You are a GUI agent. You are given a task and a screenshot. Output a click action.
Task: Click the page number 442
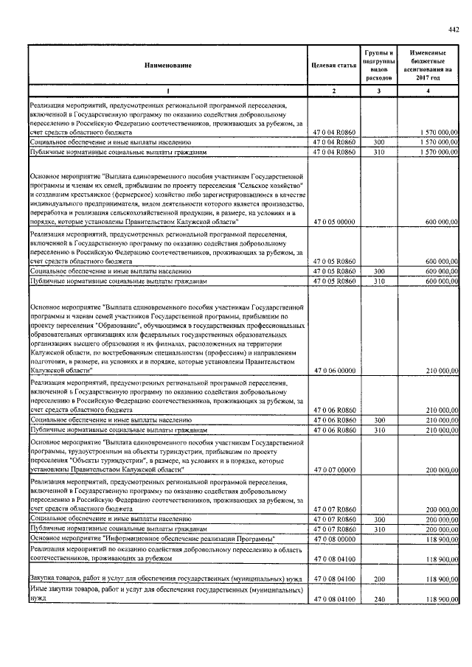(x=453, y=29)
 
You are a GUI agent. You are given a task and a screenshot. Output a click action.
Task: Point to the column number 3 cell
(x=378, y=91)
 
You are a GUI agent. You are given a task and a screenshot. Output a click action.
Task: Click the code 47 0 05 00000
(x=334, y=221)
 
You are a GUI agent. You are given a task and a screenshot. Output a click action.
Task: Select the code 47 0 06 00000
(x=334, y=371)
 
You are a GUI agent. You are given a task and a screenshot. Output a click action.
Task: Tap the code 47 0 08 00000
(x=334, y=539)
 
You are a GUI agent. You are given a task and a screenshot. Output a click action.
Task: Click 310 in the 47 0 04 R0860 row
(x=378, y=151)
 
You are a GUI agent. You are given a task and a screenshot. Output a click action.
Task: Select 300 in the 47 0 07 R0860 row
(x=378, y=519)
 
